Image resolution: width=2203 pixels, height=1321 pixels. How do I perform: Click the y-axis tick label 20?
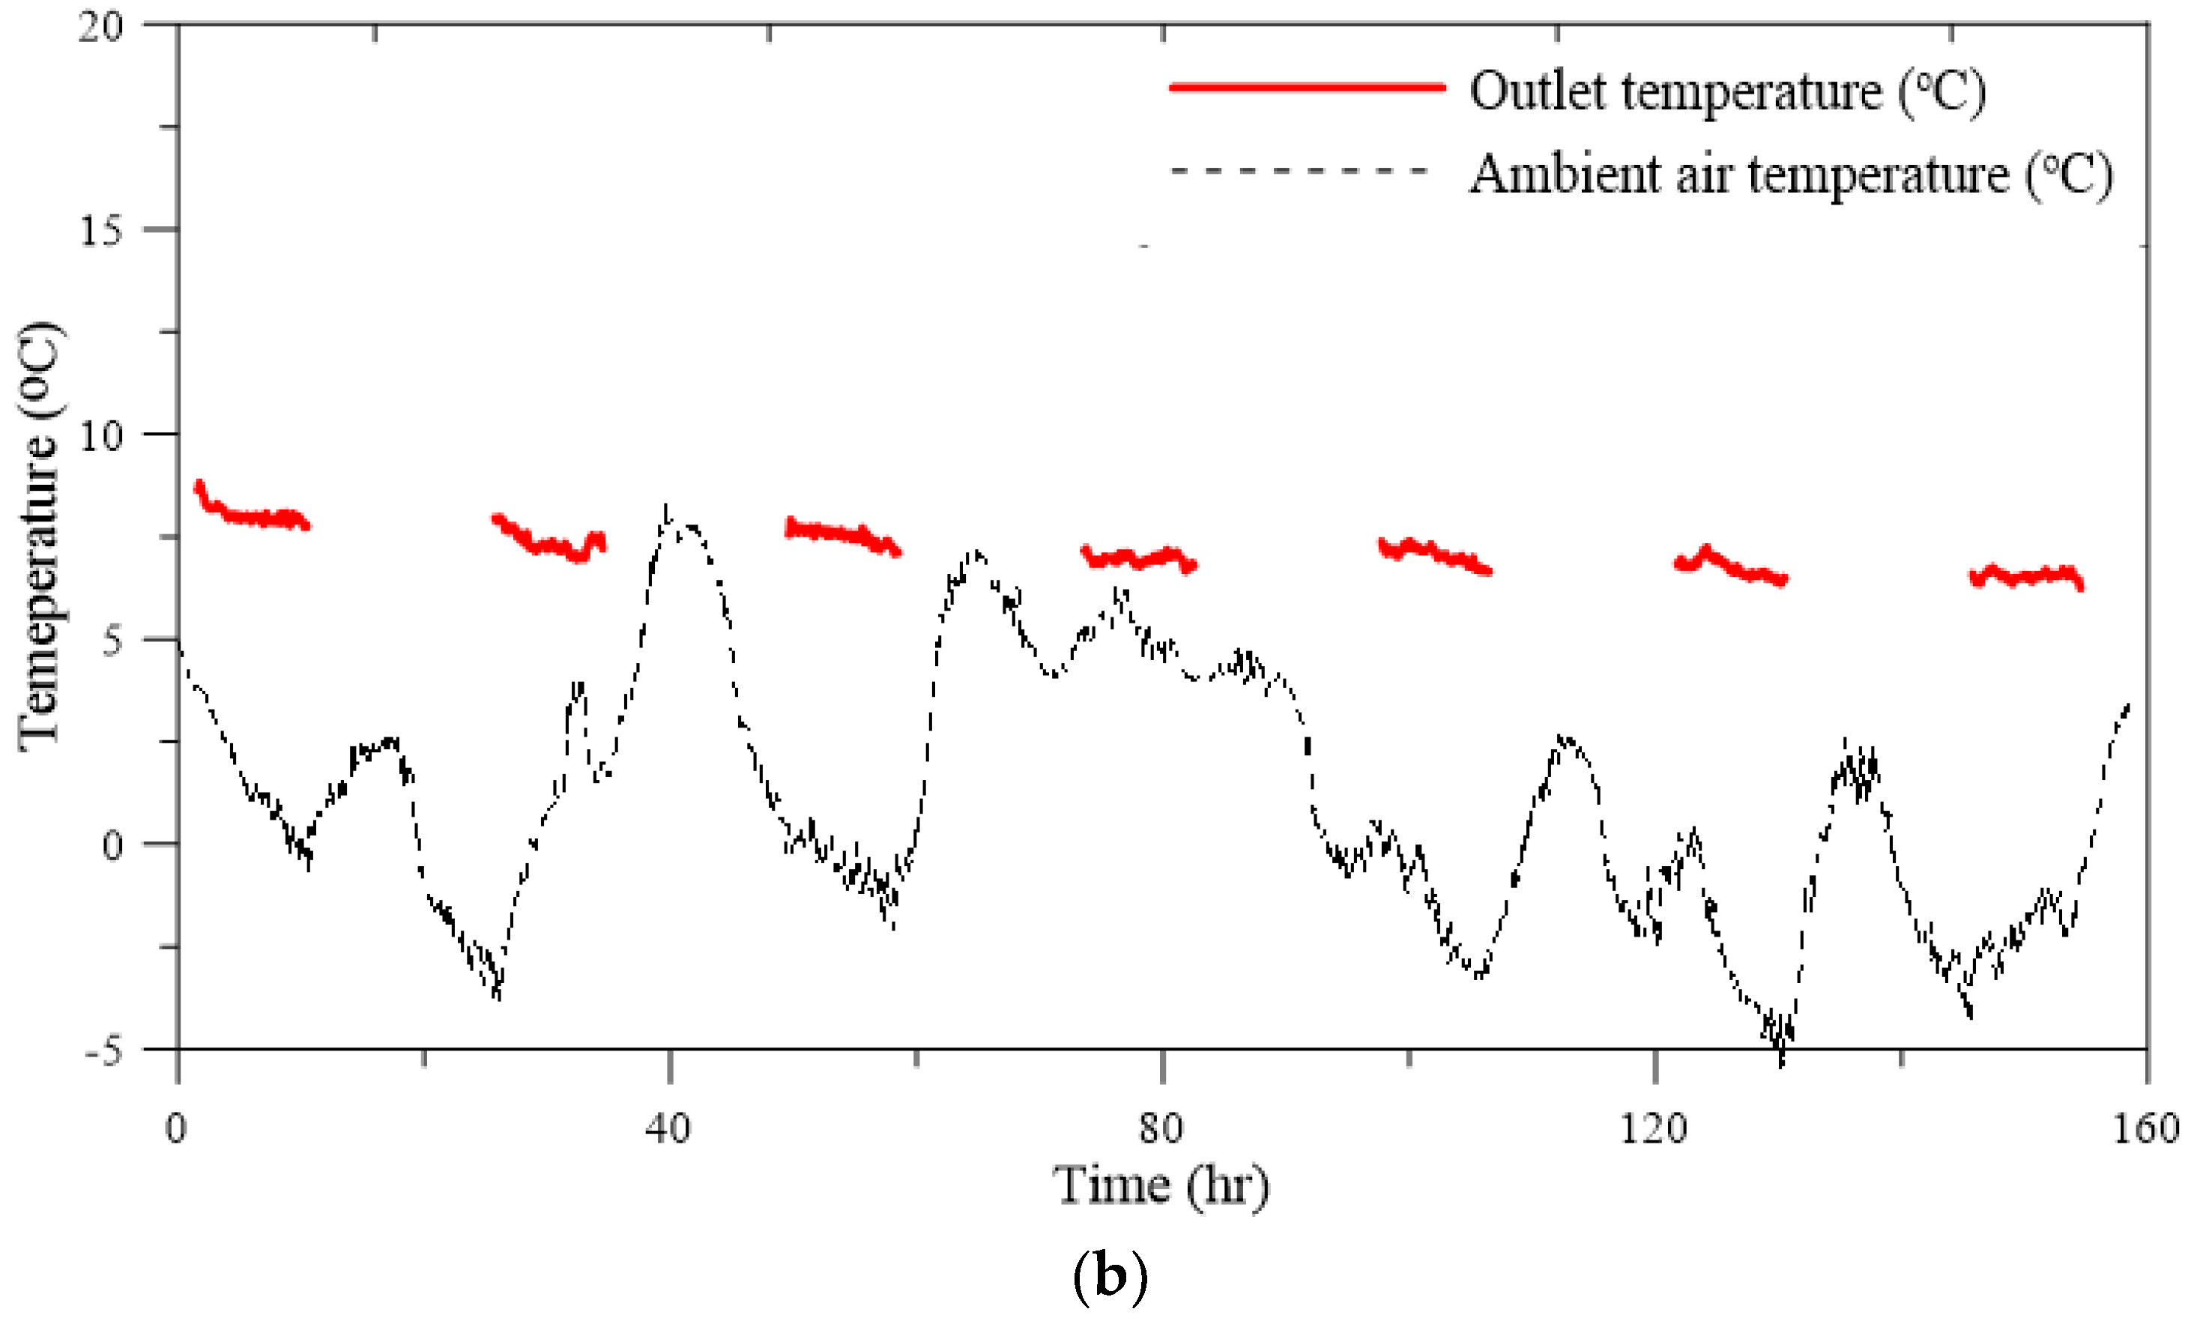[100, 27]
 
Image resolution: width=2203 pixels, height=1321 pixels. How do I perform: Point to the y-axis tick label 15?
[100, 232]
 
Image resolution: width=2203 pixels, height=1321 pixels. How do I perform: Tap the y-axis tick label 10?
[100, 436]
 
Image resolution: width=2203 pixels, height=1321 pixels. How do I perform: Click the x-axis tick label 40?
[668, 1128]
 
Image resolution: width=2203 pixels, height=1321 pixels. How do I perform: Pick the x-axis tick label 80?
[1161, 1128]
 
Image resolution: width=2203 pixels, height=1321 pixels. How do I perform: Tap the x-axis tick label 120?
[1653, 1128]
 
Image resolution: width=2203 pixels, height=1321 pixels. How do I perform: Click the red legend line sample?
[1307, 86]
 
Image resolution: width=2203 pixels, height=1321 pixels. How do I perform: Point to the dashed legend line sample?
[1299, 170]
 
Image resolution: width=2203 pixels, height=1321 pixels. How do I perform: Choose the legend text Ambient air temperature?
[1789, 174]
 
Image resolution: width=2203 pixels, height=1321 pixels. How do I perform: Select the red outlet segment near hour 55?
[841, 534]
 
